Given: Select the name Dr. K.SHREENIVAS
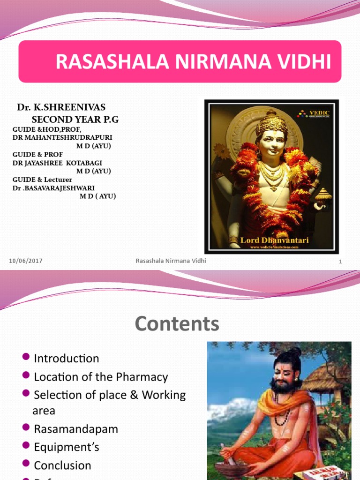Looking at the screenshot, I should [x=61, y=108].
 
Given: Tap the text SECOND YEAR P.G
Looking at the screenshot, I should [x=75, y=120].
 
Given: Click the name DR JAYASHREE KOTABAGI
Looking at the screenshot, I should [x=62, y=163].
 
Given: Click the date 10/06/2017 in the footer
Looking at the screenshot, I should [x=26, y=261].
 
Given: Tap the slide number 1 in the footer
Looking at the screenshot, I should [x=341, y=262].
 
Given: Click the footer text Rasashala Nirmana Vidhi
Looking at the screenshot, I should [x=171, y=261].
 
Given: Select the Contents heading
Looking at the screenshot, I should [x=177, y=324].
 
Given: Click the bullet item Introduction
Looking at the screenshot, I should [x=67, y=359].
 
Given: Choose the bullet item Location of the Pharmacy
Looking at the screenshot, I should [x=101, y=377].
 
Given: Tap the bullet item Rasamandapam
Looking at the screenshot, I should [x=76, y=429].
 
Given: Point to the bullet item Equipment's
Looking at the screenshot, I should [x=67, y=447].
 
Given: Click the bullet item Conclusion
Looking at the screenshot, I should [x=63, y=465].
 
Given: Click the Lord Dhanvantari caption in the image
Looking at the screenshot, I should [x=269, y=240].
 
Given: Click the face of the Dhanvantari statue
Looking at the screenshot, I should [x=271, y=143].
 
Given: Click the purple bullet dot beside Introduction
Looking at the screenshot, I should [x=26, y=358].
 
